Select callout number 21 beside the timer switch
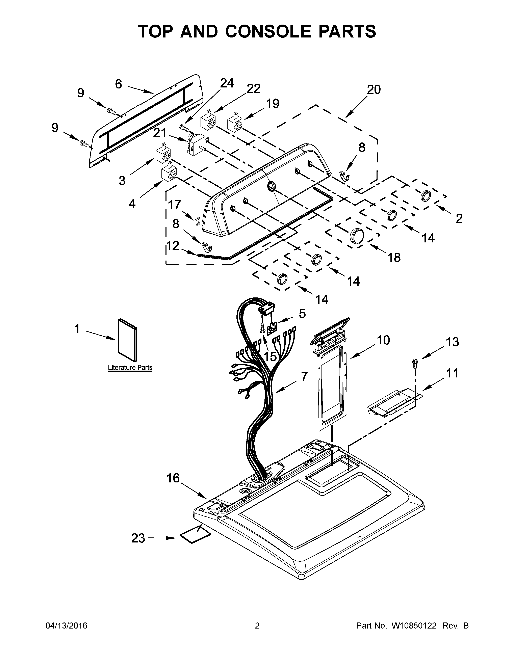[160, 133]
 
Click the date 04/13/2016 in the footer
[66, 626]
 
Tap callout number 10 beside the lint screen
[383, 340]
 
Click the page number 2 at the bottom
[257, 626]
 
